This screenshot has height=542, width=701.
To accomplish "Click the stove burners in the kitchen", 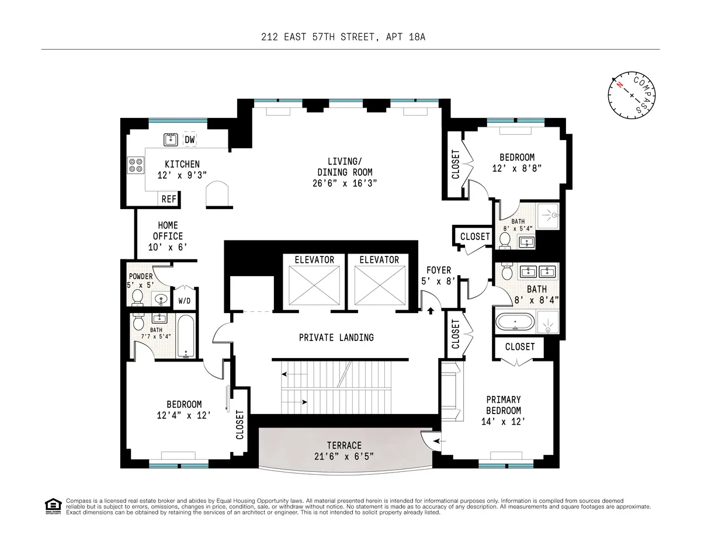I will click(136, 165).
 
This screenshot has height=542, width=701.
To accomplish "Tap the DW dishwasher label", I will click(189, 140).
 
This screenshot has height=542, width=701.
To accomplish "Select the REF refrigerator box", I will click(169, 199).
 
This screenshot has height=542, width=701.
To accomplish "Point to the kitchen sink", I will click(171, 140).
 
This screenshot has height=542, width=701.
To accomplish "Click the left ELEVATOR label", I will click(314, 260).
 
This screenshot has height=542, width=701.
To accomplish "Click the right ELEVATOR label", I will click(379, 260).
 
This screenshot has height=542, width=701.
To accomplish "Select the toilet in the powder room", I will click(138, 297).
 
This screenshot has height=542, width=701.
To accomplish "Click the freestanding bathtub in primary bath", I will click(514, 322).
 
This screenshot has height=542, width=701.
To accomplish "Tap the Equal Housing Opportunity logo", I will click(53, 506).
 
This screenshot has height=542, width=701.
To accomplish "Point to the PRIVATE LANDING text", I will click(336, 337).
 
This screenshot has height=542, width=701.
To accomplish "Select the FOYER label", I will click(438, 270).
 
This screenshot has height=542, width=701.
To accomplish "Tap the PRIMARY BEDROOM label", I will click(504, 405).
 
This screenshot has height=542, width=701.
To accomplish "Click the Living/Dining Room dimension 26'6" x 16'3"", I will click(345, 183).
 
